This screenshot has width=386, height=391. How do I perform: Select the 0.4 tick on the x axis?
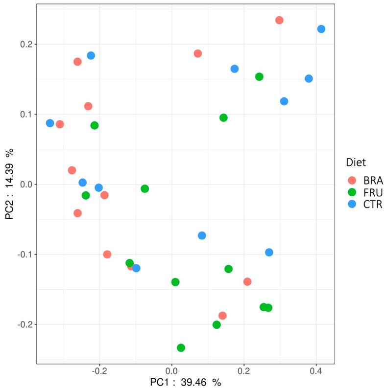pos(316,370)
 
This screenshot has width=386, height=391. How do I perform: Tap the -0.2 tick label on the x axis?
pos(99,370)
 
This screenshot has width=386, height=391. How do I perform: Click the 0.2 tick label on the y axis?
pos(25,44)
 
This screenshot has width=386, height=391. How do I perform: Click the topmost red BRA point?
pos(279,20)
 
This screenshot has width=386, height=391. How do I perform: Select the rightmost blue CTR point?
pos(321,29)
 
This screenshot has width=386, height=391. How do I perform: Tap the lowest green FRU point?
pos(181,347)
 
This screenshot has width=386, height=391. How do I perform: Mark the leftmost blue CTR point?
pos(50,123)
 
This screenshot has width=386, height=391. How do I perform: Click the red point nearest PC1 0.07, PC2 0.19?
pos(197,53)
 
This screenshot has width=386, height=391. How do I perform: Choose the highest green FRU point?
pos(259,76)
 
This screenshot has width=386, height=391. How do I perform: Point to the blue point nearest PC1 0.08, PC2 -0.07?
pos(202,235)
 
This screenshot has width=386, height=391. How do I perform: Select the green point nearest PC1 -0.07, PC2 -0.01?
pos(145,188)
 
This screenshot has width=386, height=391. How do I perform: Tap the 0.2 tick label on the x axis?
pos(243,370)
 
